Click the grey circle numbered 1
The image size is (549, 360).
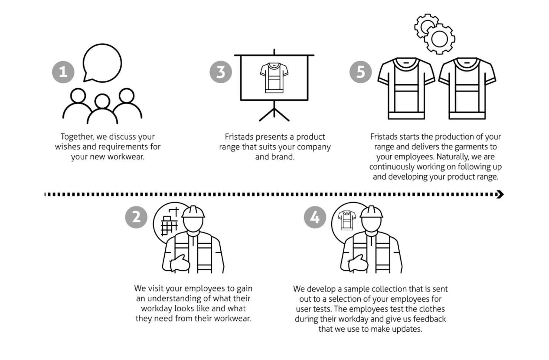coord(63,72)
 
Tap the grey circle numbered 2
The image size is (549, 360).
coord(136,217)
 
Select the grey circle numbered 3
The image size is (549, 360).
coord(221,72)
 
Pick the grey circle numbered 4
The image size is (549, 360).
coord(315,217)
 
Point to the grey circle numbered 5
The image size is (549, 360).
coord(361,72)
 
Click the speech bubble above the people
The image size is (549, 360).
coord(102,63)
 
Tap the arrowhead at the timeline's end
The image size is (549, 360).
coord(500,195)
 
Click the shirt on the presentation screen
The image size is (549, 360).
coord(274,78)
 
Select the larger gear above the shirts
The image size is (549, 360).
coord(440,39)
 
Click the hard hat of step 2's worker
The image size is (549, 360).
coord(193,212)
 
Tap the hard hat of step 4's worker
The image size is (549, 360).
coord(372,212)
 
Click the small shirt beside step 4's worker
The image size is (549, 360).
coord(347,220)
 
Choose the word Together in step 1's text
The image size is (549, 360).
coord(77,136)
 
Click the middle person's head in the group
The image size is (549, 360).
coord(102,101)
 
